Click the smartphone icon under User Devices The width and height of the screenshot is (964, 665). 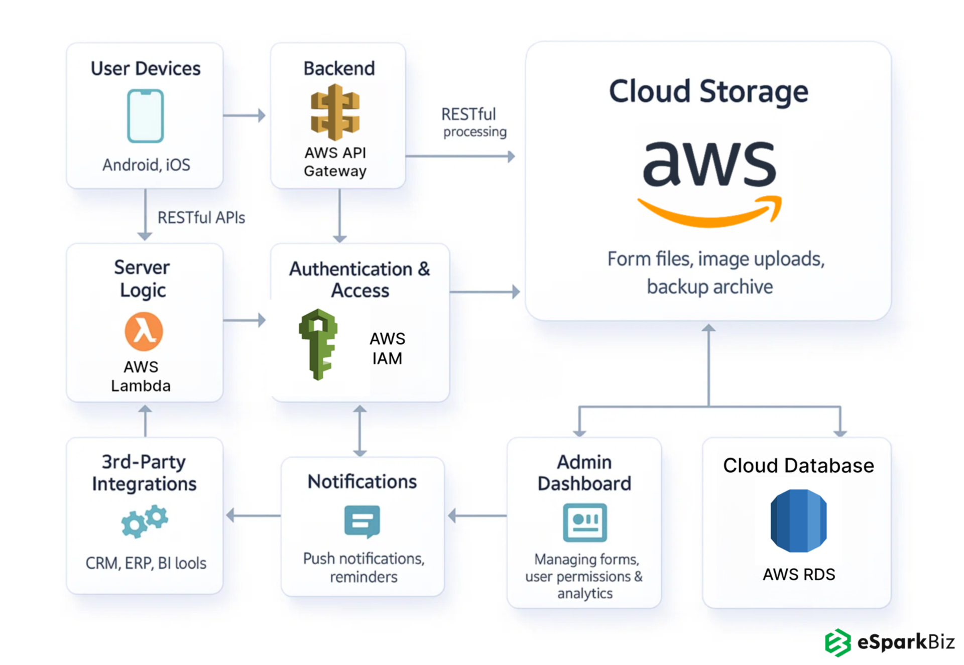tap(145, 116)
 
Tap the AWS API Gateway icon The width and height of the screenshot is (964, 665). tap(335, 112)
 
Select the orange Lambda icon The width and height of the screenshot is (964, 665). tap(144, 331)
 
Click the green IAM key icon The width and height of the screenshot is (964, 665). tap(318, 344)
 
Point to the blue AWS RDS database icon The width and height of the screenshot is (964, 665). tap(798, 521)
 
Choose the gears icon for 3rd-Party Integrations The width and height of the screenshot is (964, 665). tap(145, 521)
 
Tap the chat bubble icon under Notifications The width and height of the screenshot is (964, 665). tap(362, 521)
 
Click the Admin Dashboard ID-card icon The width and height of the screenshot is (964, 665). tap(584, 522)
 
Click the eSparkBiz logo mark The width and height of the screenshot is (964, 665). tap(838, 642)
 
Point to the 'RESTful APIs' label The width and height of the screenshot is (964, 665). tap(201, 218)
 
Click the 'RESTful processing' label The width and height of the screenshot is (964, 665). tap(473, 122)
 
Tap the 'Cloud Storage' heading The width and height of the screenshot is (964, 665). tap(708, 91)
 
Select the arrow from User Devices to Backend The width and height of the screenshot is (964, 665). tap(245, 115)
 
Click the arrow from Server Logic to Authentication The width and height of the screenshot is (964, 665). tap(245, 320)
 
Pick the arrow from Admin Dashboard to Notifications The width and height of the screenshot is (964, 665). tap(477, 515)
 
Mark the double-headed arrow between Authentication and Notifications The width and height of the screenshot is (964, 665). tap(359, 431)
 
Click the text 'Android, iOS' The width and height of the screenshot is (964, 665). tap(146, 165)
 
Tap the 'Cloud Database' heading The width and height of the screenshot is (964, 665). tap(798, 466)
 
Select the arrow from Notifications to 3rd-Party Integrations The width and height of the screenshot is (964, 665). tap(254, 515)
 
